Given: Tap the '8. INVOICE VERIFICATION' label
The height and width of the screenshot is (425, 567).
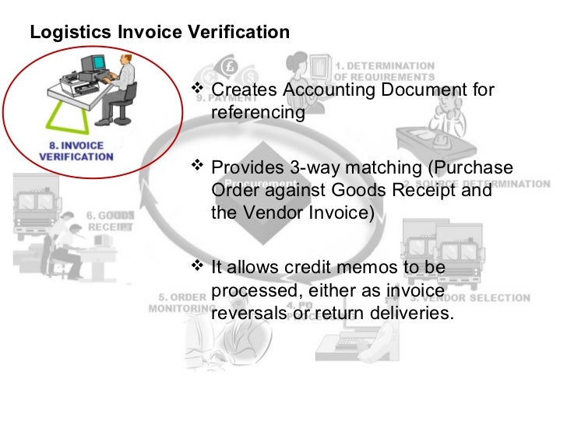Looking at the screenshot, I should (76, 151).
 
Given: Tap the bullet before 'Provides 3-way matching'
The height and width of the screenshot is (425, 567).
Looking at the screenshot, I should (196, 167).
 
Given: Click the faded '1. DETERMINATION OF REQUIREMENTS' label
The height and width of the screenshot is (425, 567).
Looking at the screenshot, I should (386, 72).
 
